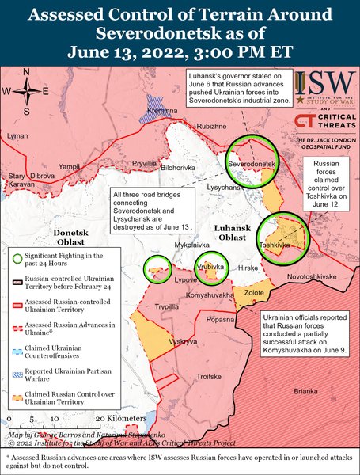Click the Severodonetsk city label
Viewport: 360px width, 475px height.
pos(252,163)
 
